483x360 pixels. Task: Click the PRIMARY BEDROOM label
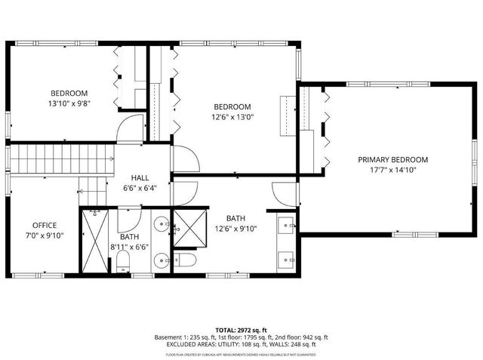[x=392, y=160]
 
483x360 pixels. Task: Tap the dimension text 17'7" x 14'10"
[x=392, y=171]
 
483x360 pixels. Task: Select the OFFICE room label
[x=45, y=225]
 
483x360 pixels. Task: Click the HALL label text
[x=140, y=179]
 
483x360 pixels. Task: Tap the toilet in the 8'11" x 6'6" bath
[x=122, y=263]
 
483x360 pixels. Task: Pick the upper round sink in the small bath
[x=161, y=224]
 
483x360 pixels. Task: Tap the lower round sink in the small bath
[x=161, y=260]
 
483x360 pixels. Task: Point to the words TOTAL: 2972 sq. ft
[x=241, y=331]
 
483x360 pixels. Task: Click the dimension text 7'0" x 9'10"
[x=45, y=235]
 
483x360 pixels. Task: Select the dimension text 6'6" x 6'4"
[x=140, y=189]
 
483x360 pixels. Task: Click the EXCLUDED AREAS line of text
[x=241, y=344]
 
